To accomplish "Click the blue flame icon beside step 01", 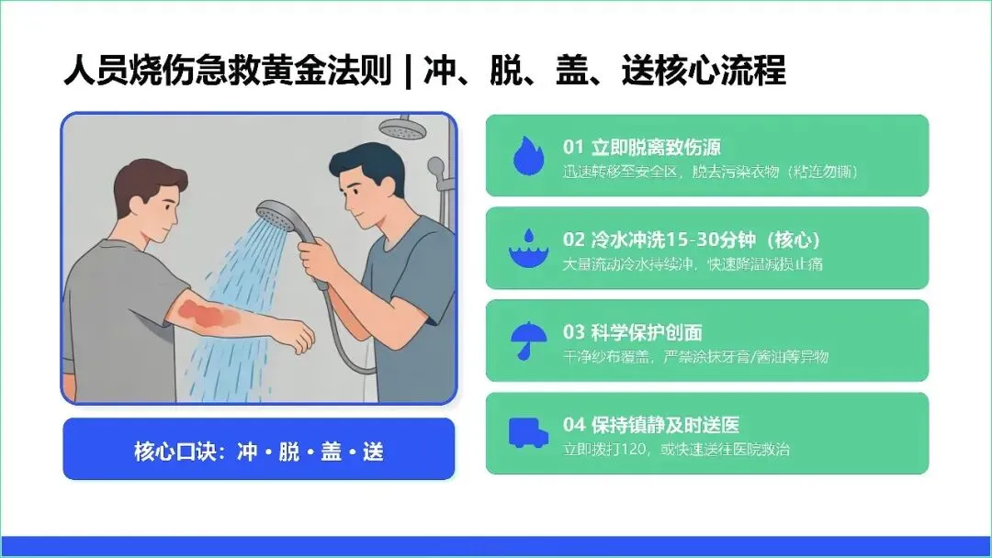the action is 528,155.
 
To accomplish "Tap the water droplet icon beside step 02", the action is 529,249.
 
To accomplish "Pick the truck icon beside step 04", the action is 528,433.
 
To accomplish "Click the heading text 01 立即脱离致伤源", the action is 641,147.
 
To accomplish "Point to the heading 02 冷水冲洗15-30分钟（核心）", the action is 692,240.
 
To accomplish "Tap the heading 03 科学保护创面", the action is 632,332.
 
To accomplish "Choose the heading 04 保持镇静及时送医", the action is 651,425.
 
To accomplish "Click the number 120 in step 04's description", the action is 633,450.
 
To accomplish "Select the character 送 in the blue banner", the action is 373,452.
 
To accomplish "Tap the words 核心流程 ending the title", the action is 721,71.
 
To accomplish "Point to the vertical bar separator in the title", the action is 408,71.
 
